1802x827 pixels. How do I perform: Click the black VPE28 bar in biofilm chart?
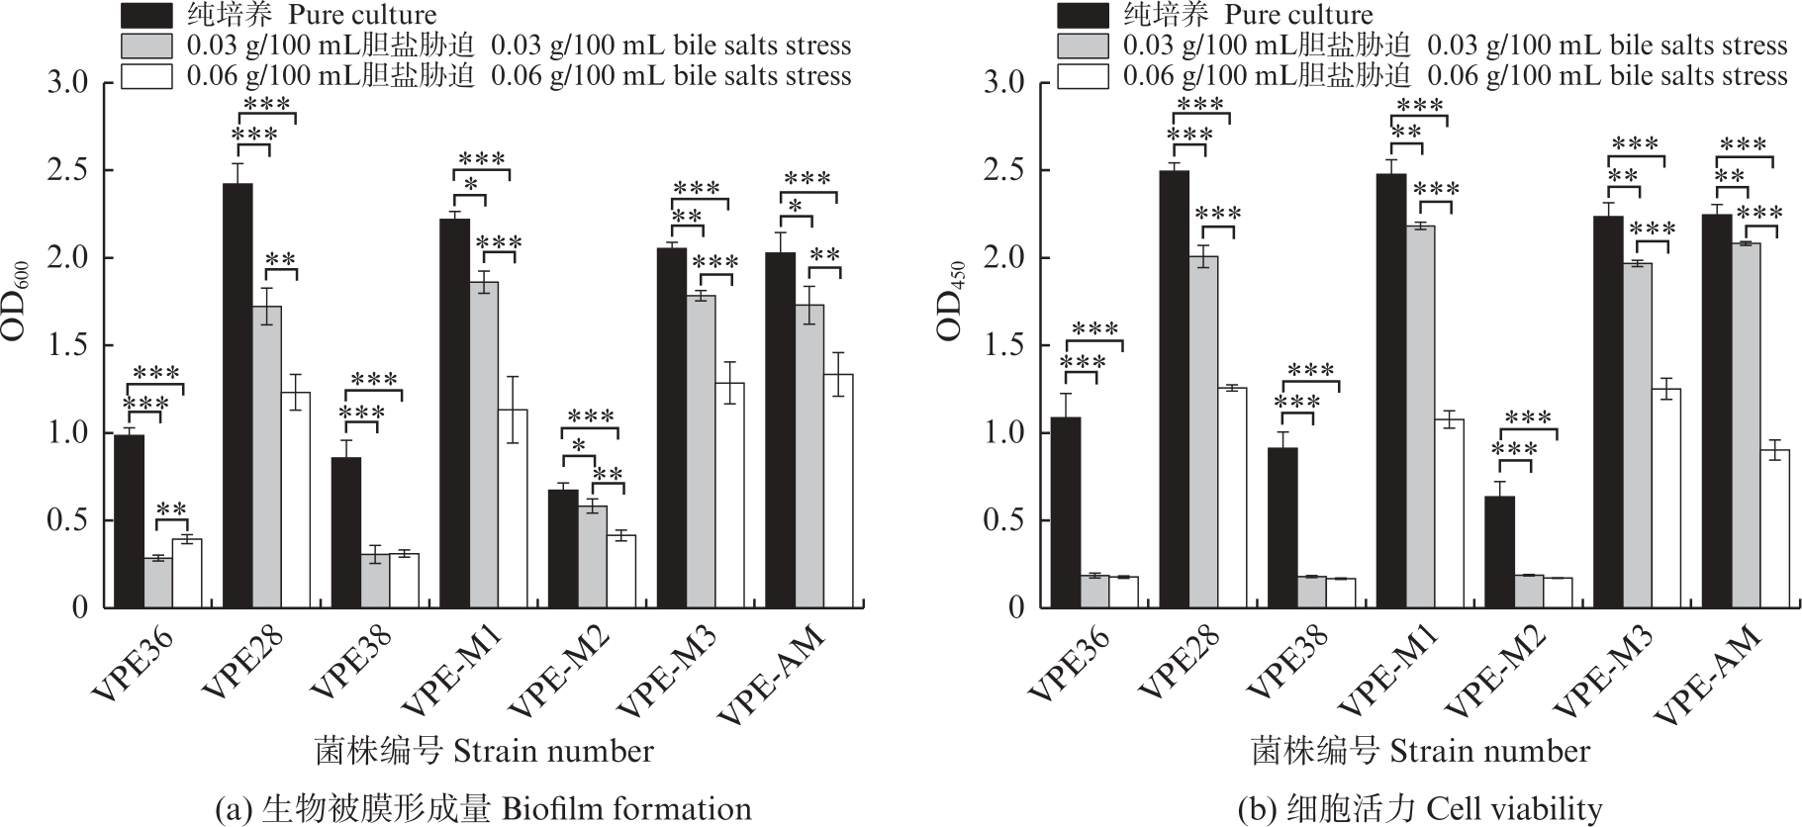pyautogui.click(x=237, y=396)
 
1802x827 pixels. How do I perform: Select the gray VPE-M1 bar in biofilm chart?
pyautogui.click(x=484, y=444)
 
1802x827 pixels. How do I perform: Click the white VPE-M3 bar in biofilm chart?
pyautogui.click(x=730, y=495)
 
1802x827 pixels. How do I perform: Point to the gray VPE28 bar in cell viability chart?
pyautogui.click(x=1203, y=431)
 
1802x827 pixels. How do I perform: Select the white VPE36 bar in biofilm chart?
pyautogui.click(x=187, y=573)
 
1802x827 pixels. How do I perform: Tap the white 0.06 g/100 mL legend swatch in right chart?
pyautogui.click(x=1083, y=76)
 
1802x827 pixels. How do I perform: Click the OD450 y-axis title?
pyautogui.click(x=952, y=300)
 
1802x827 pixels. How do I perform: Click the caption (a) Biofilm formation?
pyautogui.click(x=483, y=809)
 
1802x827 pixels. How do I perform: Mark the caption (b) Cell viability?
pyautogui.click(x=1419, y=809)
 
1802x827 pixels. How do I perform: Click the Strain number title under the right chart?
pyautogui.click(x=1419, y=751)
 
